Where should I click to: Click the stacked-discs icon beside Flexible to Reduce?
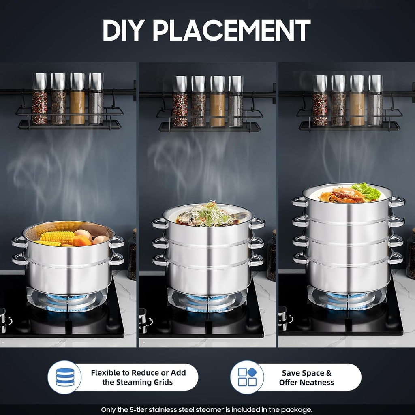coord(65,377)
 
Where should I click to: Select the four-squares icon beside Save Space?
coord(247,377)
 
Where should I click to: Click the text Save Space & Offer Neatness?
coord(306,377)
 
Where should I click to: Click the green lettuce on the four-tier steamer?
coord(366,191)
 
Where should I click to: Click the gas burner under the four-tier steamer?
coord(347,298)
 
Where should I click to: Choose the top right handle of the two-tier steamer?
coord(117,242)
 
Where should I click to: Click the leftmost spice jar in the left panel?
coord(39,99)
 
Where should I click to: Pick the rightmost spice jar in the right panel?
coord(375,100)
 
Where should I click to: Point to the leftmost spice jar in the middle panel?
coord(180,101)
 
